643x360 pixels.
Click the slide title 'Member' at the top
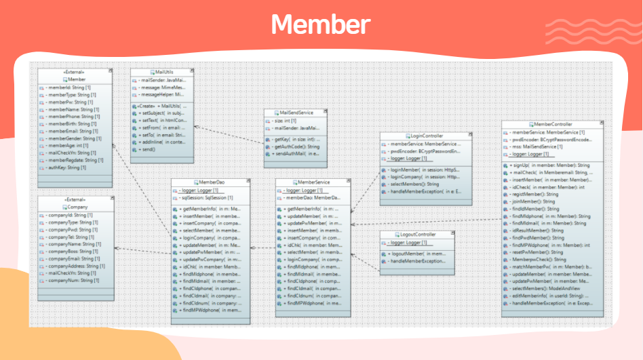coord(321,24)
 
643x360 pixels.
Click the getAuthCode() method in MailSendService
coord(296,146)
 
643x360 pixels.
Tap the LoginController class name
coord(421,136)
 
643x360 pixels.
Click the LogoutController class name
coord(417,235)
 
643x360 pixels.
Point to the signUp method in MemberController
coord(549,165)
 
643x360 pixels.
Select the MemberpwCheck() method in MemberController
coord(539,259)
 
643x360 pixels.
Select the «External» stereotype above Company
coord(74,200)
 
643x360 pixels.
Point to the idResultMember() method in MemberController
coord(535,231)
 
